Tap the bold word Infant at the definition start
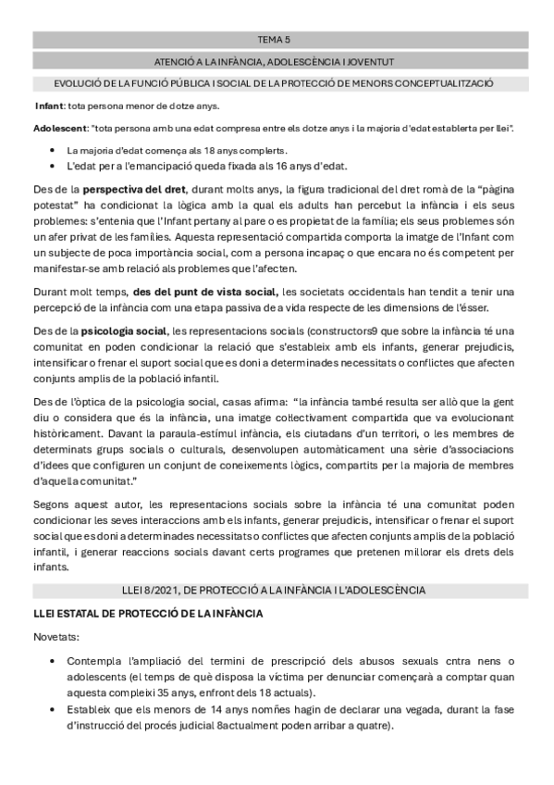(x=49, y=106)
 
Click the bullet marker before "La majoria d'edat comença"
(x=49, y=150)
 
